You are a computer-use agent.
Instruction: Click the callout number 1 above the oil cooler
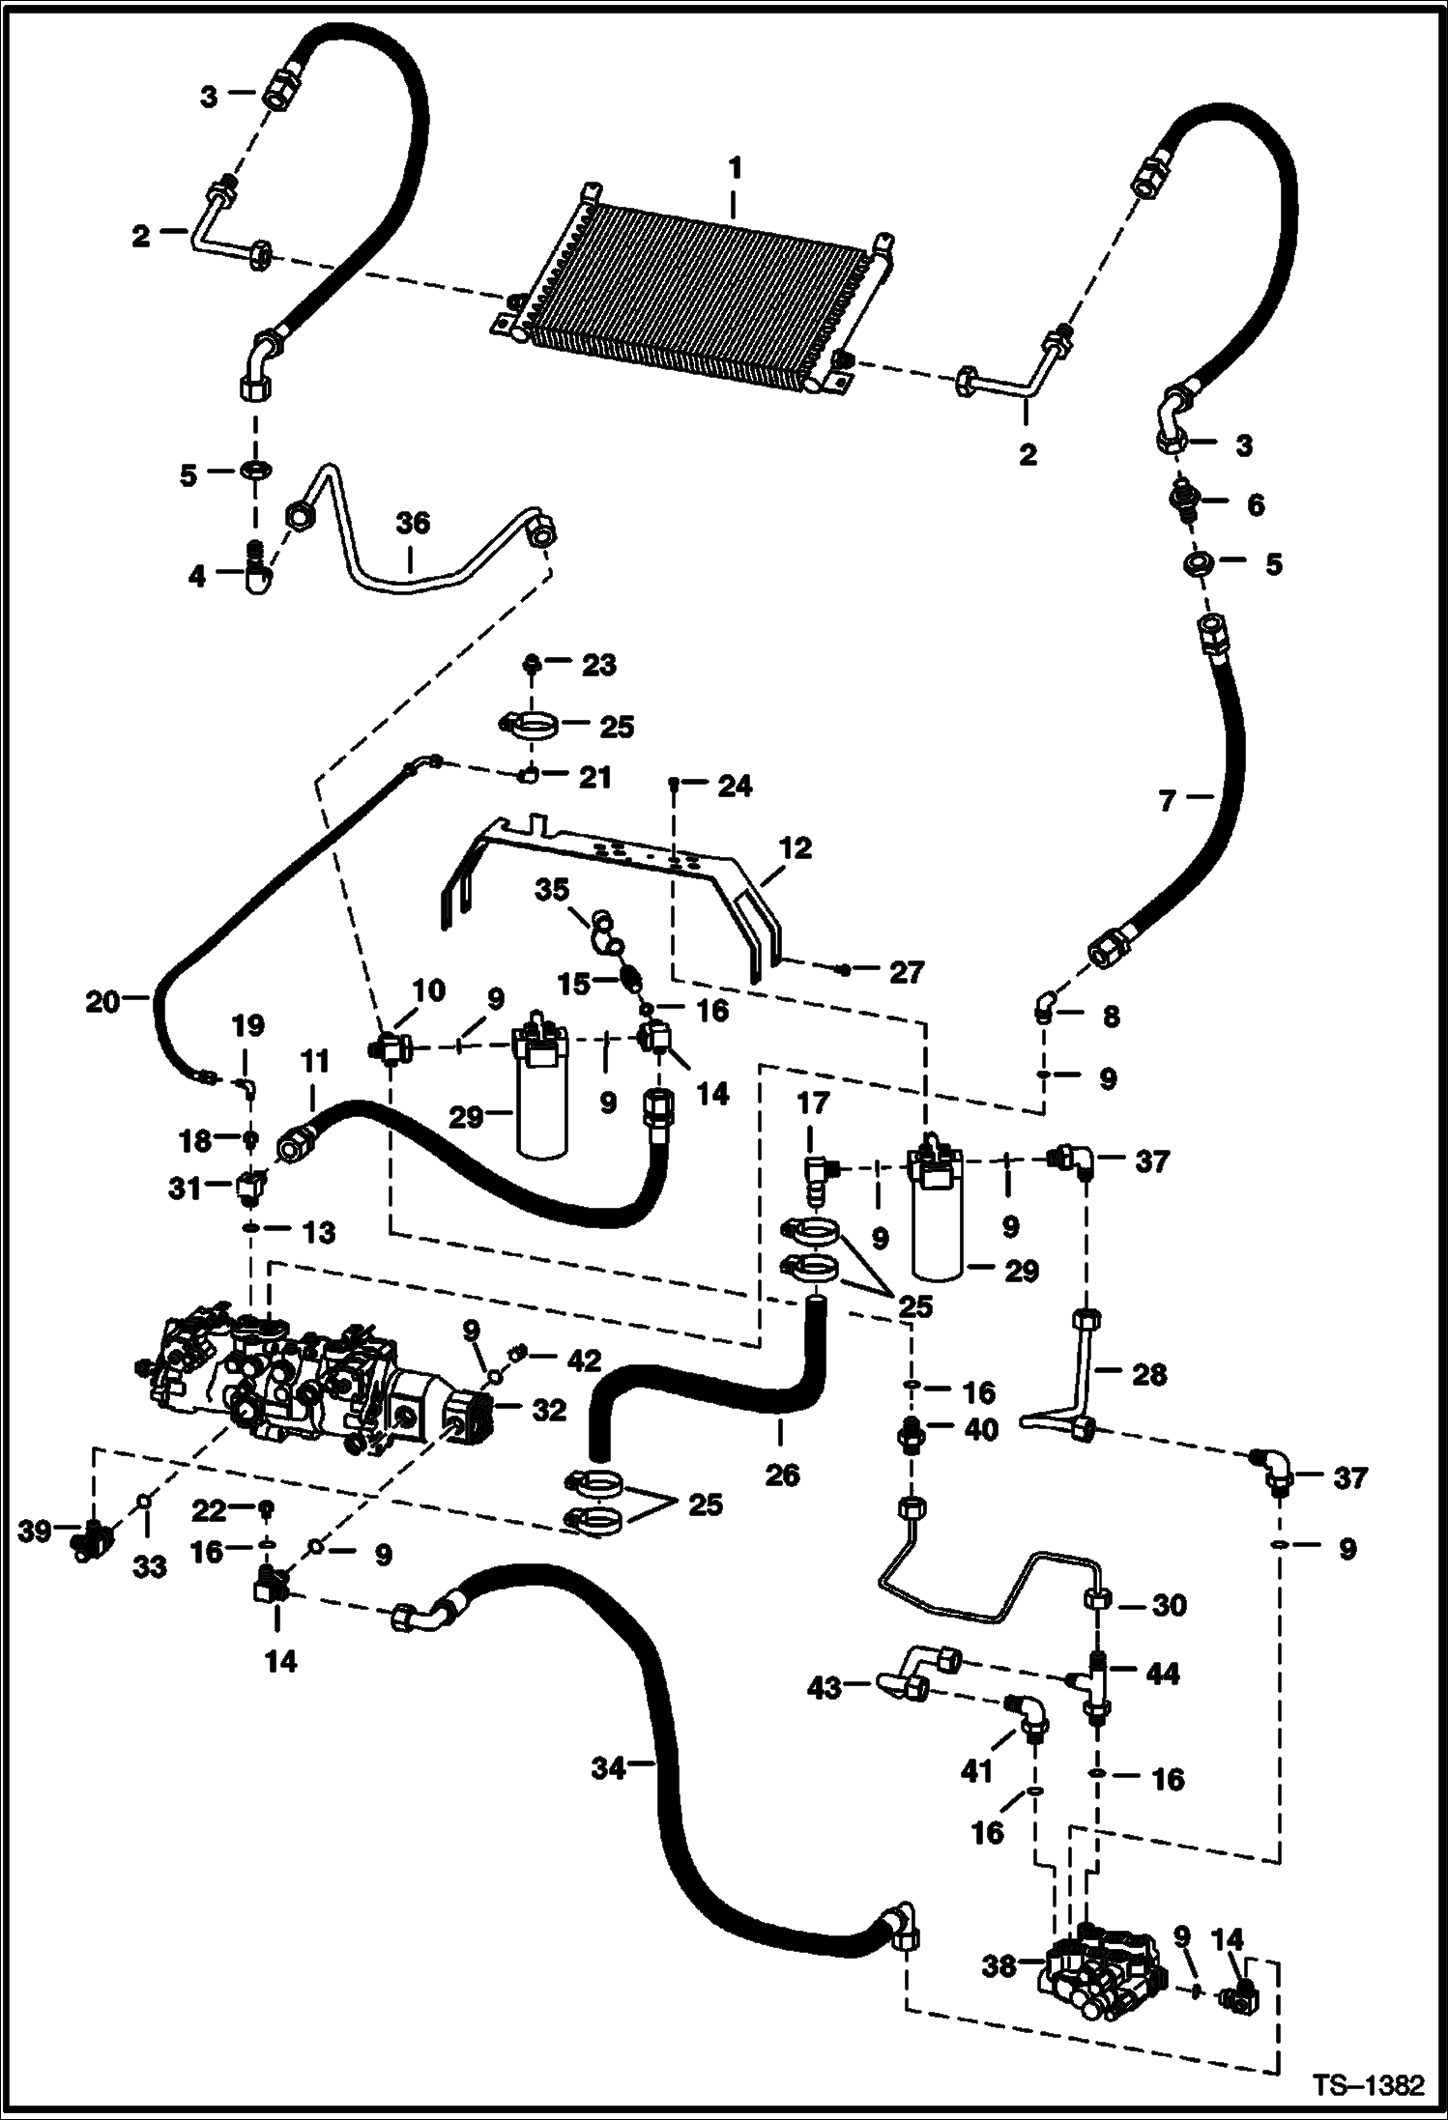pyautogui.click(x=735, y=169)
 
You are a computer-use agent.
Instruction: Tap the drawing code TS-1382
pyautogui.click(x=1369, y=2084)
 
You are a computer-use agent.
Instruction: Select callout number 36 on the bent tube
pyautogui.click(x=412, y=523)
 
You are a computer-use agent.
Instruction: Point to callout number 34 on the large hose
pyautogui.click(x=609, y=1767)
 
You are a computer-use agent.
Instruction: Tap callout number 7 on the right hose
pyautogui.click(x=1168, y=801)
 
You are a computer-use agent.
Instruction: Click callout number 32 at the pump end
pyautogui.click(x=549, y=1410)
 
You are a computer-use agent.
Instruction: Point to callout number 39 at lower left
pyautogui.click(x=37, y=1531)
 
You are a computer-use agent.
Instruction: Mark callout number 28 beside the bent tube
pyautogui.click(x=1148, y=1374)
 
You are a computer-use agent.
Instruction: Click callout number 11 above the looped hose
pyautogui.click(x=314, y=1061)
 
